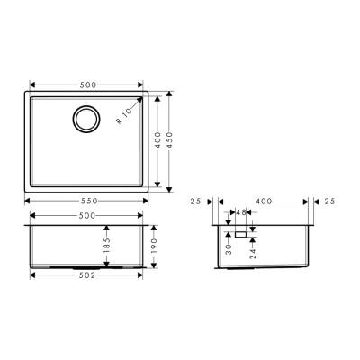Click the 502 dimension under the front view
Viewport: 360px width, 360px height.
87,276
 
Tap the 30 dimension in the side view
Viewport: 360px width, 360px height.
229,245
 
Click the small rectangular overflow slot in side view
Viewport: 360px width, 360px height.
240,232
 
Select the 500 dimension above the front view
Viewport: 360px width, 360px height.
87,216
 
